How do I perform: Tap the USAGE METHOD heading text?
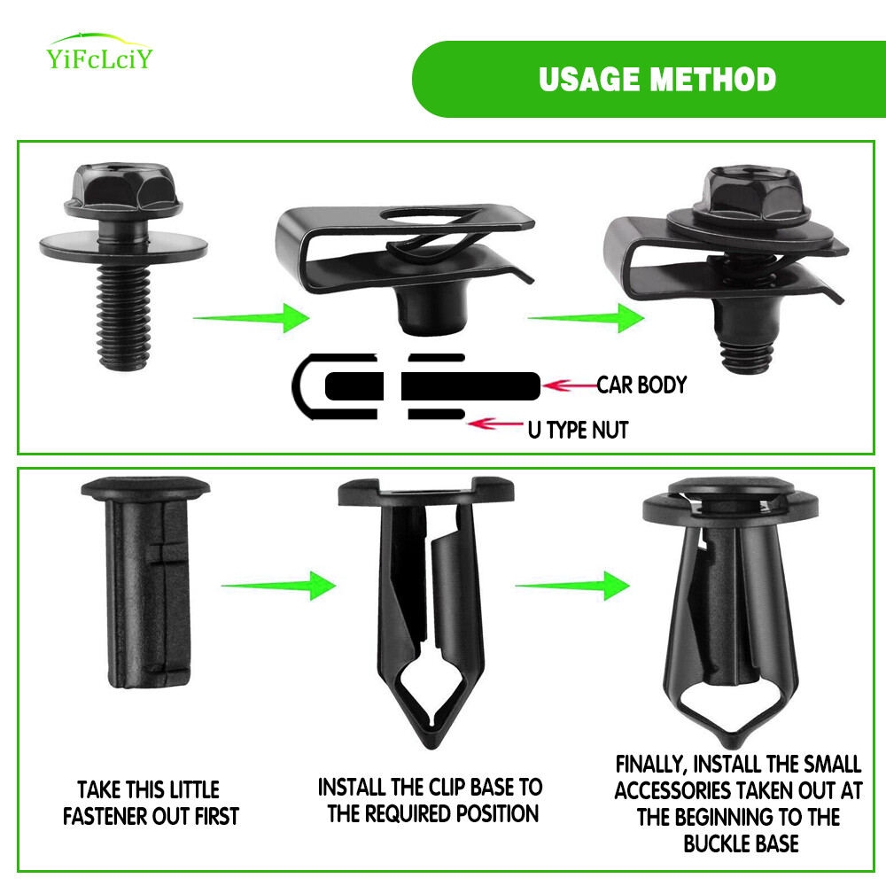(657, 79)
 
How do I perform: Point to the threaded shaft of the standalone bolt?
(124, 317)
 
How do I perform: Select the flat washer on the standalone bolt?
(123, 246)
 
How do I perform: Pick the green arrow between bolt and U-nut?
(252, 318)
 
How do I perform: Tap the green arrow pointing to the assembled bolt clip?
(586, 318)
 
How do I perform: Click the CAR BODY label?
(641, 385)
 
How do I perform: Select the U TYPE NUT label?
(578, 430)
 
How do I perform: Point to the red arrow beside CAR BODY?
(570, 386)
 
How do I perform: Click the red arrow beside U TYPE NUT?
(495, 424)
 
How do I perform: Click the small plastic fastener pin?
(146, 582)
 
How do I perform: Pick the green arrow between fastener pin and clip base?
(278, 586)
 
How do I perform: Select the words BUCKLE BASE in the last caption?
(741, 843)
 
